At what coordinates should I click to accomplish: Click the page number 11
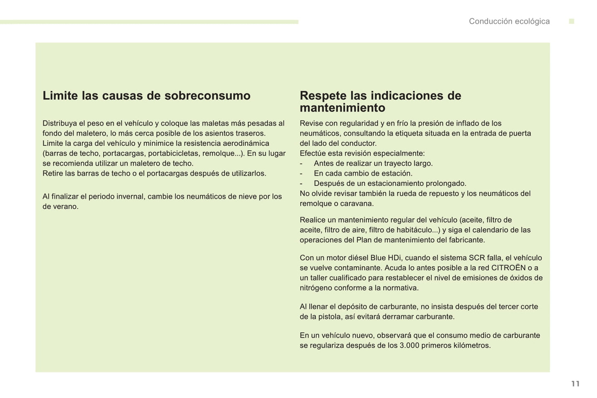(575, 384)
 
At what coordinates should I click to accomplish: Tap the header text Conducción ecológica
(509, 21)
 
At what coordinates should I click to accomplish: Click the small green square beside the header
(571, 21)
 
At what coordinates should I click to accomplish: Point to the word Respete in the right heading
(323, 96)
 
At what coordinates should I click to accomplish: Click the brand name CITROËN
(508, 268)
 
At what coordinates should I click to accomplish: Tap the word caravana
(357, 204)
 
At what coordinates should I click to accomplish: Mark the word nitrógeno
(316, 288)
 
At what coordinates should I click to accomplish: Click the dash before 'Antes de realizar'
(301, 163)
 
